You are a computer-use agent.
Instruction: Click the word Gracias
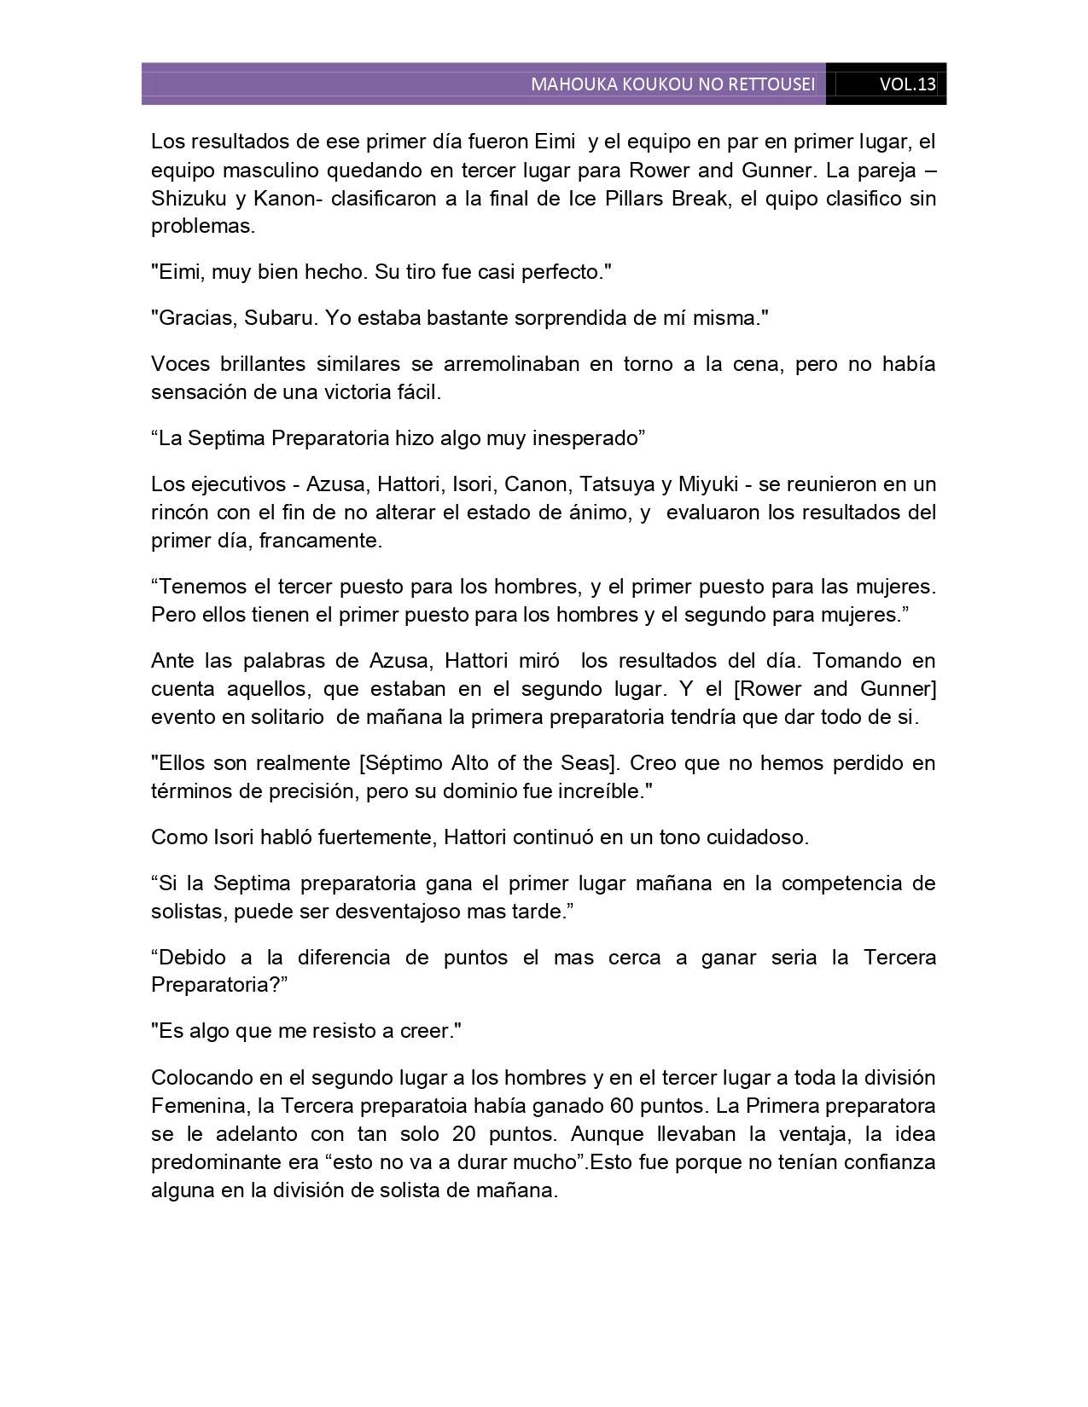click(195, 318)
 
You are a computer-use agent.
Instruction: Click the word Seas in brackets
click(565, 762)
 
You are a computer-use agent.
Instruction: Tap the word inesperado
click(585, 438)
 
